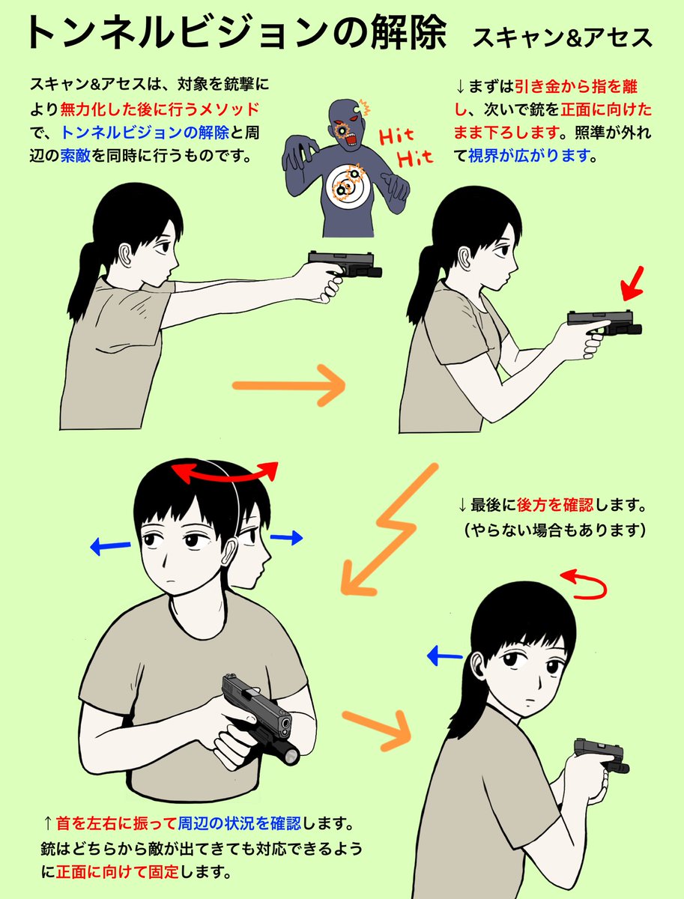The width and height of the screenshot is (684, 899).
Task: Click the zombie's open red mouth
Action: [351, 139]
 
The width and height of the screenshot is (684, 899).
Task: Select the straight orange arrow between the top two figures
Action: [289, 385]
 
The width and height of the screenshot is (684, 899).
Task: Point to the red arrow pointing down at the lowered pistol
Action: [632, 284]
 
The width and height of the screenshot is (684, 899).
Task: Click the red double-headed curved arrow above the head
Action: [225, 473]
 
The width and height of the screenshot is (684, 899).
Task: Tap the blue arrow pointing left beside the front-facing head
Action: [110, 546]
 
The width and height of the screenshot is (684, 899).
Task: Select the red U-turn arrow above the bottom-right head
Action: [584, 584]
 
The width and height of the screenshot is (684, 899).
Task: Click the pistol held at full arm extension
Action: [345, 264]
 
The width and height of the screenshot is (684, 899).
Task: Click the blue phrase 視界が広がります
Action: [529, 156]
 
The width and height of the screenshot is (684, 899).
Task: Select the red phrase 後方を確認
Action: [555, 505]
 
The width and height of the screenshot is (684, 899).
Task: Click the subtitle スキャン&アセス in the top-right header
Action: [562, 37]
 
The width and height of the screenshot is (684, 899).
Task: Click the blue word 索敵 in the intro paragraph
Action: [76, 156]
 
